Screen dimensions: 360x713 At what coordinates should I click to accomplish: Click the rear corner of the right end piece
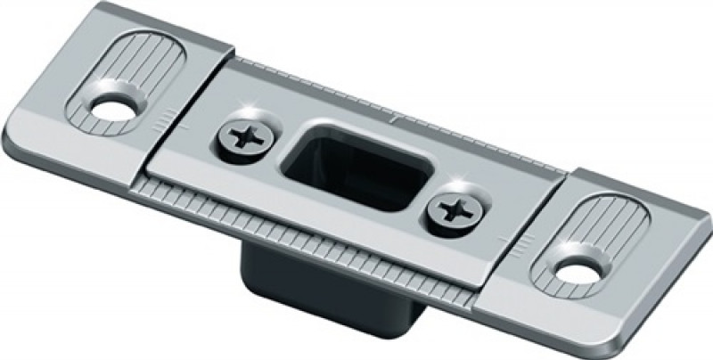tap(704, 192)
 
